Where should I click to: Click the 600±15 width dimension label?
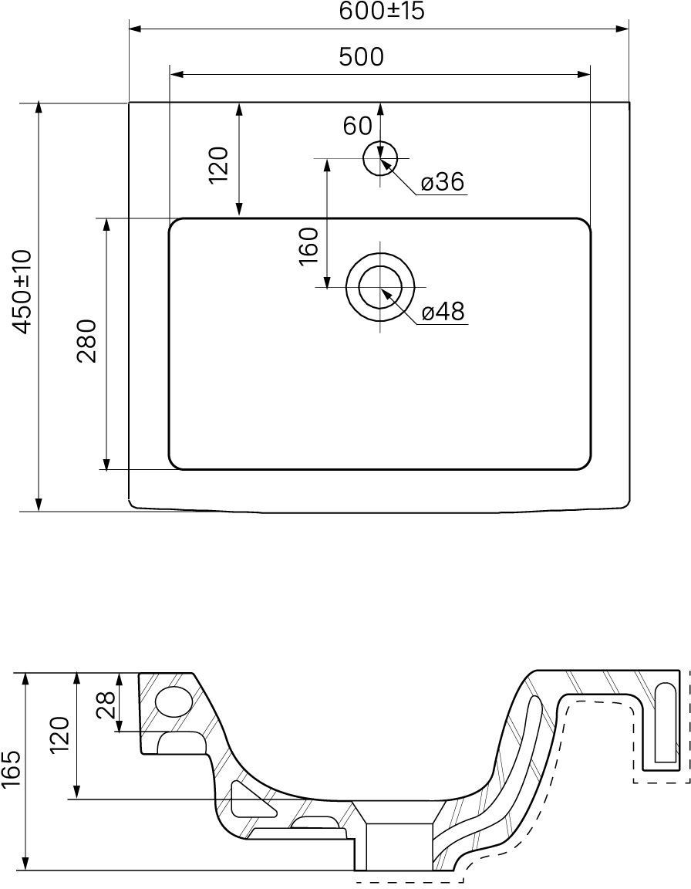click(382, 12)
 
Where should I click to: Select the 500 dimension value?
click(362, 56)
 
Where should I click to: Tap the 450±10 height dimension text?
click(25, 292)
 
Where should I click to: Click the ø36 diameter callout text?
click(443, 182)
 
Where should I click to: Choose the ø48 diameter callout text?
click(443, 311)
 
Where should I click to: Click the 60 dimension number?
click(357, 126)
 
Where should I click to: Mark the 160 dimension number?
click(308, 246)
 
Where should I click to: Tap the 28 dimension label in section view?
click(106, 704)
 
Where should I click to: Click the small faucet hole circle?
click(380, 158)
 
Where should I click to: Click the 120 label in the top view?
click(218, 164)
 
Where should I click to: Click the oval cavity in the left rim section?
click(174, 701)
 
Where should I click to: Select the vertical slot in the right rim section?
click(665, 722)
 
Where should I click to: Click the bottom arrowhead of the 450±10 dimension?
click(39, 504)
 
